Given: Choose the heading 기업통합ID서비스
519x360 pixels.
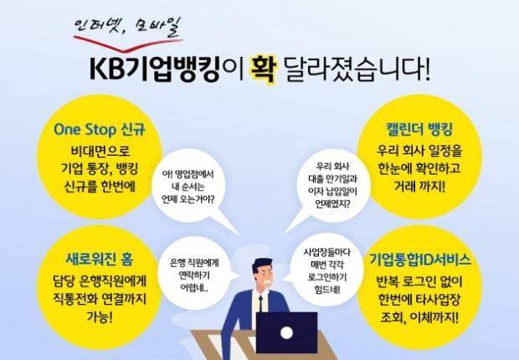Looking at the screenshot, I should click(418, 260).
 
